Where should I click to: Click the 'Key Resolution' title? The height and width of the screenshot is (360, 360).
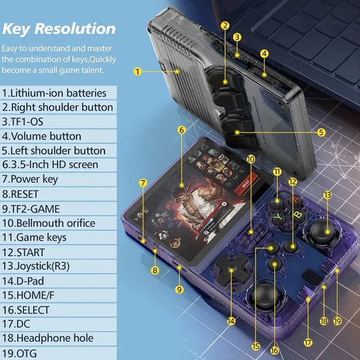pos(59,28)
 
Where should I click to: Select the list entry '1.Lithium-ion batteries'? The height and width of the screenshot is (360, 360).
pos(55,93)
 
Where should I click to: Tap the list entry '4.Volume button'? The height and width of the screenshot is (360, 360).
pos(42,136)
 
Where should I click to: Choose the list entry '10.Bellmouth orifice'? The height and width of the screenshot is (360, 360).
pos(49,222)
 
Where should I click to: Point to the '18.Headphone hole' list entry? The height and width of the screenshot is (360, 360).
pos(48,338)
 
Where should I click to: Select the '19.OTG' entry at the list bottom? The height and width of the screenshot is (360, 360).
pos(20,353)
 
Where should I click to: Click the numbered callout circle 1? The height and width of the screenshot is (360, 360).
pos(137,71)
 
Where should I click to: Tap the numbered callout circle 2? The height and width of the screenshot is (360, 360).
pos(225,26)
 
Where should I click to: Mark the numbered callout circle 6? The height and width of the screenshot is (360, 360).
pos(182,129)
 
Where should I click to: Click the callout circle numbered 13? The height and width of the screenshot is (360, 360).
pos(328,195)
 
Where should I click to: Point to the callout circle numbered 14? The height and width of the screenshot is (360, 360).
pos(232,322)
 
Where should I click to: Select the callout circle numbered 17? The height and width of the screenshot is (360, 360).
pos(308,342)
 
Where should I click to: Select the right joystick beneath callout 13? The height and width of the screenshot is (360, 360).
pos(319,232)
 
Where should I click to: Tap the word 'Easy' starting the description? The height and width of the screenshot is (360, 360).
pos(14,49)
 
